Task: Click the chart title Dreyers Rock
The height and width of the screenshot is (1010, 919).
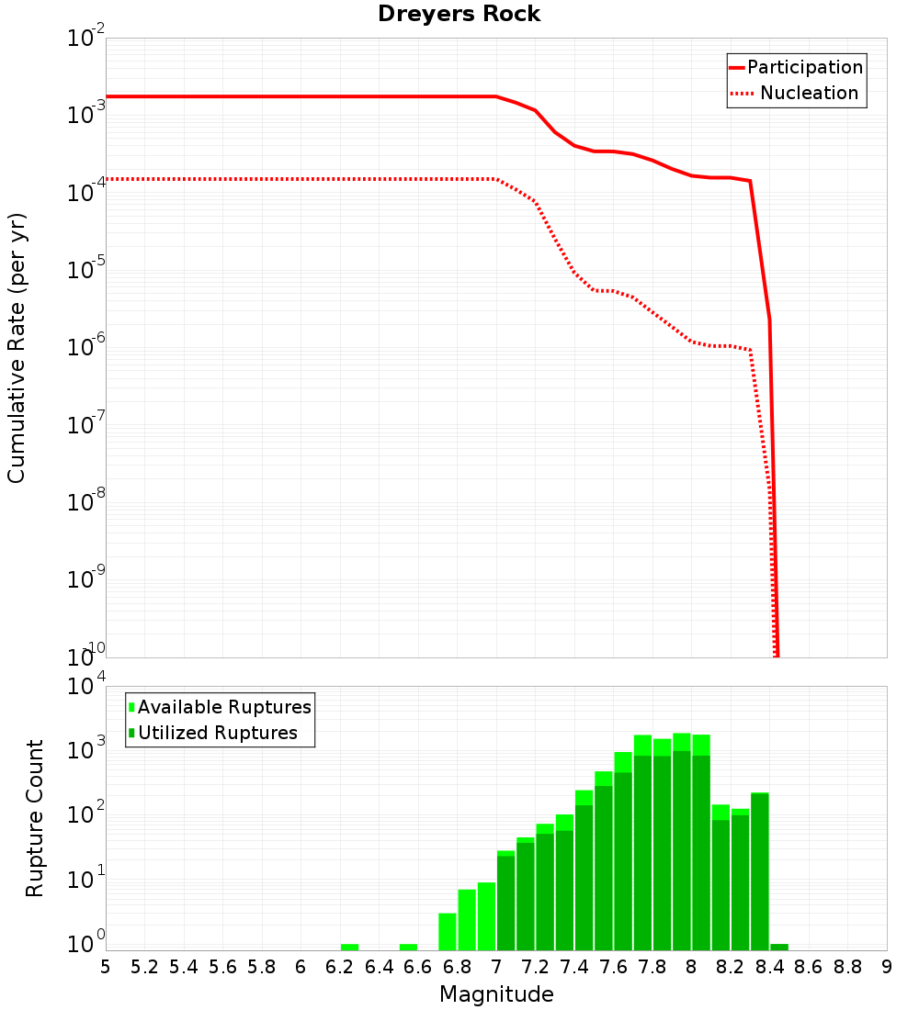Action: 459,15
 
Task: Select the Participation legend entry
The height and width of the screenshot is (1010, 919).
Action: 804,67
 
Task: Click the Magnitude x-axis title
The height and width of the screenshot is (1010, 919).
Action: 496,994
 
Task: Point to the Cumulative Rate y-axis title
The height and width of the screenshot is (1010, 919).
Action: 17,347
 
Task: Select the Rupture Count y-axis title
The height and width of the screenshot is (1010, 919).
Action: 35,817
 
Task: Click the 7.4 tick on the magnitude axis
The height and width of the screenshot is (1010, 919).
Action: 574,967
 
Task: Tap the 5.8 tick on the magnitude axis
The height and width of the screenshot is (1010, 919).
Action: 262,967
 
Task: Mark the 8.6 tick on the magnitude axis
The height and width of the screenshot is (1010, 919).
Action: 809,967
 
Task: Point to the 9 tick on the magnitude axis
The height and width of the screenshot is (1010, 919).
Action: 887,967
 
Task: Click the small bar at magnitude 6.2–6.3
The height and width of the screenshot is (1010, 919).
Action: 349,947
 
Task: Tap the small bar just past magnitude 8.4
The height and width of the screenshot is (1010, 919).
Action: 779,947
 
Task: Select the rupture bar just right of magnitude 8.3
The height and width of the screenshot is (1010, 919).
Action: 760,872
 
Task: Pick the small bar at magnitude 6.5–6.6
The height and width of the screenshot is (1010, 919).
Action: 408,947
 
